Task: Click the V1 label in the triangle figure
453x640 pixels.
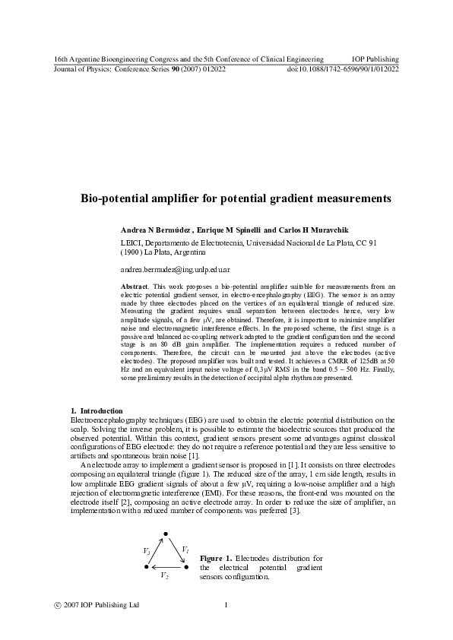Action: tap(185, 549)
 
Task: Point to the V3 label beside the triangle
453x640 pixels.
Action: tap(147, 550)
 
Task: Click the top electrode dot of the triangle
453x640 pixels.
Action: tap(166, 534)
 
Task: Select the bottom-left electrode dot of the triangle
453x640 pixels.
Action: tap(146, 567)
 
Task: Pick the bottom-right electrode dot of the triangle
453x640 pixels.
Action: tap(185, 567)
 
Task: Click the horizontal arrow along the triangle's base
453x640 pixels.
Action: tap(166, 567)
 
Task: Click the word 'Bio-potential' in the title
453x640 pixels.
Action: tap(116, 198)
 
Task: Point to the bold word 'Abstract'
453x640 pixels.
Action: tap(135, 286)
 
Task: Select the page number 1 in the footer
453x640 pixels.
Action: tap(226, 605)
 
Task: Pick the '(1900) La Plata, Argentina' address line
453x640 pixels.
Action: tap(163, 252)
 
